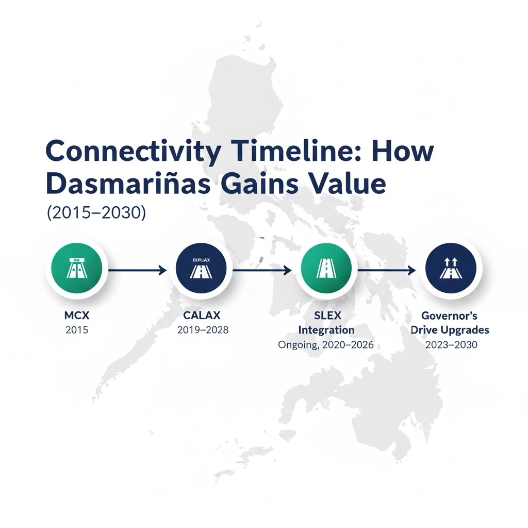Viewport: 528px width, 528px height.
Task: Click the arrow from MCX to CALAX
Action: click(137, 270)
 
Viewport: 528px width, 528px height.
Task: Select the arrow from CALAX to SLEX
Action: click(262, 270)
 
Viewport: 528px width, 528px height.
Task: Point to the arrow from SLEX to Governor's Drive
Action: click(387, 270)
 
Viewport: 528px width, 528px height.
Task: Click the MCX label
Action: click(77, 315)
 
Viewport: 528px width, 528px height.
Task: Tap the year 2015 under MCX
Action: click(77, 330)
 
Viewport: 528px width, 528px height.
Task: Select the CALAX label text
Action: click(201, 315)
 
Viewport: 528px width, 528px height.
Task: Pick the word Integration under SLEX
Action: click(326, 330)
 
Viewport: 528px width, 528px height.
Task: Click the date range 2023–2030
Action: click(451, 345)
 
